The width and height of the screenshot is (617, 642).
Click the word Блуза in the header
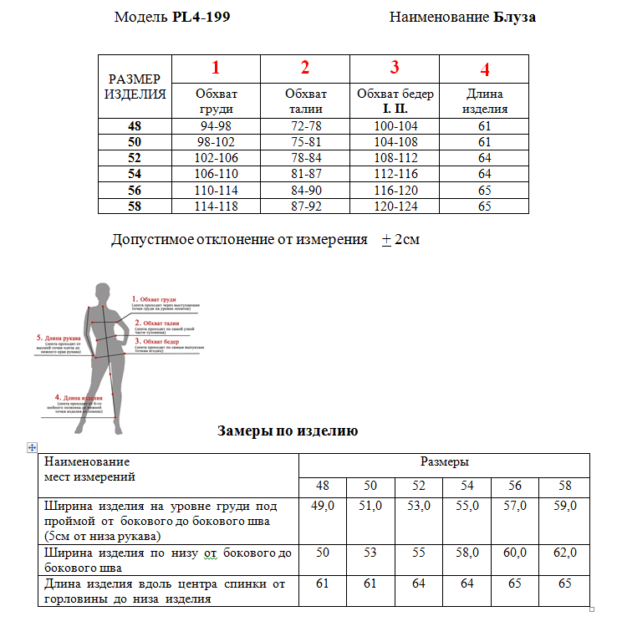[x=514, y=17]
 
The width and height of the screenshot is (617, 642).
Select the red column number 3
[x=395, y=68]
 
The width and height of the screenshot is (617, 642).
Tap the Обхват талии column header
[x=305, y=101]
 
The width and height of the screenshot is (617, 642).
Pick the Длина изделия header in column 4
[x=485, y=101]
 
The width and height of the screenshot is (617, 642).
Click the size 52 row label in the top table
[x=135, y=157]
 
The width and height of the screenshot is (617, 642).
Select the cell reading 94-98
[x=216, y=126]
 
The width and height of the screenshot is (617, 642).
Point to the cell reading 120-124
[x=395, y=206]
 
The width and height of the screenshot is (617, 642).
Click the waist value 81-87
[x=305, y=174]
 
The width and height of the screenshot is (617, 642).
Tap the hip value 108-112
[x=395, y=157]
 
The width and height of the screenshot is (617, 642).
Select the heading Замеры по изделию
[x=288, y=431]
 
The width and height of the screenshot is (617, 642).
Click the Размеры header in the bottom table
[x=444, y=462]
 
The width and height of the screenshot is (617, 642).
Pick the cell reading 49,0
[x=323, y=506]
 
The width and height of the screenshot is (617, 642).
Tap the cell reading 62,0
[x=565, y=553]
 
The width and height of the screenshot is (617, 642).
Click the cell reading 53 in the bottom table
[x=370, y=553]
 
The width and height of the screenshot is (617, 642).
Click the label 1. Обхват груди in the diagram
[x=154, y=298]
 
